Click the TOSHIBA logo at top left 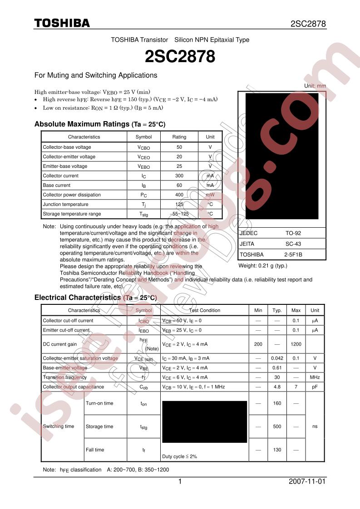coord(62,23)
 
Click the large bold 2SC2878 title coord(180,57)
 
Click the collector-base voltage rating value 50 coord(179,147)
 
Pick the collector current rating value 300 coord(179,176)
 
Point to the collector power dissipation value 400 coord(179,195)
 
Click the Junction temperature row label coord(65,204)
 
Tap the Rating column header coord(179,137)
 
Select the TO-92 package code coord(293,233)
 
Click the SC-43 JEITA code coord(293,244)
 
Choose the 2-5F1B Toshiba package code coord(293,254)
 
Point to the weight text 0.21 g coord(263,266)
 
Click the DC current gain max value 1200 coord(296,344)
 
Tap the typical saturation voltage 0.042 coord(277,358)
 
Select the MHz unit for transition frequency coord(315,377)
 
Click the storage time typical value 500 coord(277,426)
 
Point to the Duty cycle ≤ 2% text coord(179,456)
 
